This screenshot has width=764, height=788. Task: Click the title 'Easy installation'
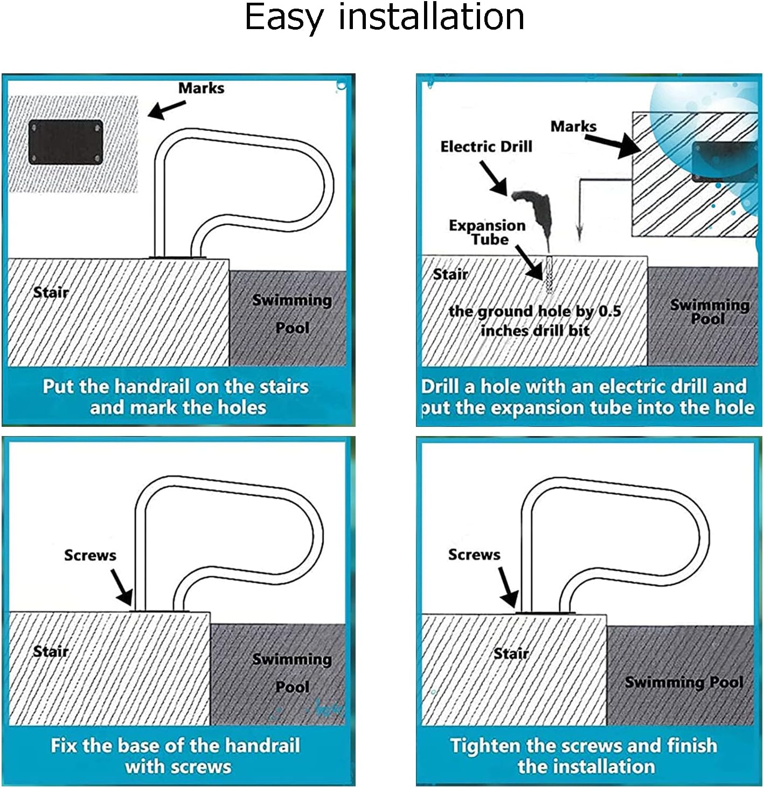(x=384, y=17)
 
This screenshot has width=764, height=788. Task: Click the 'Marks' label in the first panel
(x=201, y=88)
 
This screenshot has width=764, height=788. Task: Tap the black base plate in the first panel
(x=65, y=143)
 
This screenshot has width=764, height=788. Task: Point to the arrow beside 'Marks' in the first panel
(x=166, y=109)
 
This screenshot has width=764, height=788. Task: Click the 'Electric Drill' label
(x=486, y=147)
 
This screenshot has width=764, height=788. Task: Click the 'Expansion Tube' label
(x=487, y=232)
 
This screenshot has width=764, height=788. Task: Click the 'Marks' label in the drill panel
(x=573, y=127)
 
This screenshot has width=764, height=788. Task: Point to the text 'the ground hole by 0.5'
(x=534, y=312)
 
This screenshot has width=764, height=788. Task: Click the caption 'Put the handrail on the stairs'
(x=176, y=386)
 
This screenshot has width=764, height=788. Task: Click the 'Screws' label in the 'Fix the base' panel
(x=90, y=555)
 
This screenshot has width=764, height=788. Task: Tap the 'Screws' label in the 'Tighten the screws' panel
(x=474, y=555)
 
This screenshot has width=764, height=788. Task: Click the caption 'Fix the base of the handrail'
(x=175, y=745)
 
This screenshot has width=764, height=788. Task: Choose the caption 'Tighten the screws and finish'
(x=584, y=745)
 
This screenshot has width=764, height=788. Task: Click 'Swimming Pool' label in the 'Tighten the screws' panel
(x=684, y=682)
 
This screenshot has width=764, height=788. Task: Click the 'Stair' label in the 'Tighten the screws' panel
(x=511, y=654)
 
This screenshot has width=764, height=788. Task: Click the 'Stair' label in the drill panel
(x=450, y=274)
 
